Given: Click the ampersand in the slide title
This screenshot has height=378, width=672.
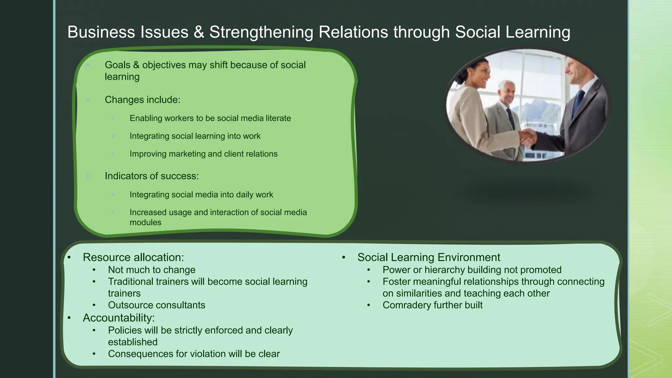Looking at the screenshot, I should click(x=199, y=32).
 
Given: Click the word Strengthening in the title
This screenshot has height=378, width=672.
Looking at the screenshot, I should click(x=261, y=32).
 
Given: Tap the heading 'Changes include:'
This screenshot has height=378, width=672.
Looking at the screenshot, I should click(x=142, y=100).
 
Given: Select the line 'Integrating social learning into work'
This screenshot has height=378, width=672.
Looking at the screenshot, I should click(x=195, y=136).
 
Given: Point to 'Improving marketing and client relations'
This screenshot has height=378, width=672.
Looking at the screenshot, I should click(x=203, y=154).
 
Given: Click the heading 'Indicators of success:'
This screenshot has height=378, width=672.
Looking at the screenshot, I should click(x=152, y=176).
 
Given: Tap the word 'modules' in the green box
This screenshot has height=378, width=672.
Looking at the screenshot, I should click(x=145, y=222).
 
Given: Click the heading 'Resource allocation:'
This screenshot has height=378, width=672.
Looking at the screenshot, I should click(x=133, y=257).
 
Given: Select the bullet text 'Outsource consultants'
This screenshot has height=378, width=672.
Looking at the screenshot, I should click(x=157, y=305).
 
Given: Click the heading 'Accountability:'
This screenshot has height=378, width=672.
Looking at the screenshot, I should click(x=118, y=318).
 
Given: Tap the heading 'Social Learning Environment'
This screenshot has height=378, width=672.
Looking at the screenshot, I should click(x=429, y=257).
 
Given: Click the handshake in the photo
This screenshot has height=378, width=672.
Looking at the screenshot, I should click(x=527, y=137).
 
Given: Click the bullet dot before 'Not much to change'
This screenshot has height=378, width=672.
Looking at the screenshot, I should click(x=94, y=270).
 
